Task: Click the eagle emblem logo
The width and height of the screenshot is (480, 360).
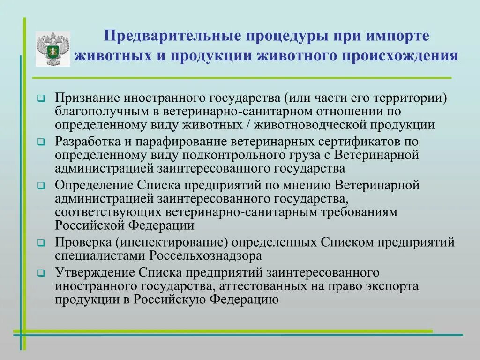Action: pos(52,49)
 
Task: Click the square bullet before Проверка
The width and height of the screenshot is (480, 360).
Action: pos(41,243)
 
